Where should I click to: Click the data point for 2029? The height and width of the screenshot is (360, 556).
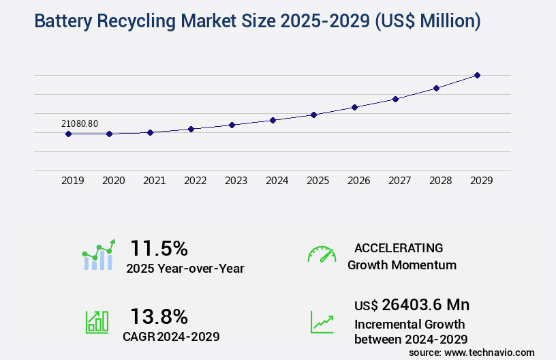pyautogui.click(x=477, y=75)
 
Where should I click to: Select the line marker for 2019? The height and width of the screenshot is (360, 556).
pyautogui.click(x=68, y=134)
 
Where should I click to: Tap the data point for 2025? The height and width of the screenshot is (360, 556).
pyautogui.click(x=313, y=115)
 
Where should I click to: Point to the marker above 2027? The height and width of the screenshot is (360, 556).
pyautogui.click(x=395, y=99)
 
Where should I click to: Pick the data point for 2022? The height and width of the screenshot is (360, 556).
pyautogui.click(x=191, y=129)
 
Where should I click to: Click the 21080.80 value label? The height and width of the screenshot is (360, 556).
pyautogui.click(x=80, y=123)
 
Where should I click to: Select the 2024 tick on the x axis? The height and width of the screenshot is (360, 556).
pyautogui.click(x=277, y=181)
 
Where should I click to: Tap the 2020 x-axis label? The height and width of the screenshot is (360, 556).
pyautogui.click(x=113, y=181)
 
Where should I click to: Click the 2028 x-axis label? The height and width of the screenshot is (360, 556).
pyautogui.click(x=440, y=181)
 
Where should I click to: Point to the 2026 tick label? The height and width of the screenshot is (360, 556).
pyautogui.click(x=358, y=181)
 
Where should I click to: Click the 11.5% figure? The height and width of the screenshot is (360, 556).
pyautogui.click(x=159, y=248)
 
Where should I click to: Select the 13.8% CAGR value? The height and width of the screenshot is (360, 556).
pyautogui.click(x=159, y=316)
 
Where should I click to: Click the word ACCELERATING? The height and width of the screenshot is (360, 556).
pyautogui.click(x=399, y=247)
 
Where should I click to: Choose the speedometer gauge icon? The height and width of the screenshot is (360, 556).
pyautogui.click(x=322, y=254)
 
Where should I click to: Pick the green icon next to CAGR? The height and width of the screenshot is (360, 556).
pyautogui.click(x=97, y=322)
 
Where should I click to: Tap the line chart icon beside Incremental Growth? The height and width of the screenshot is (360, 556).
pyautogui.click(x=322, y=322)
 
